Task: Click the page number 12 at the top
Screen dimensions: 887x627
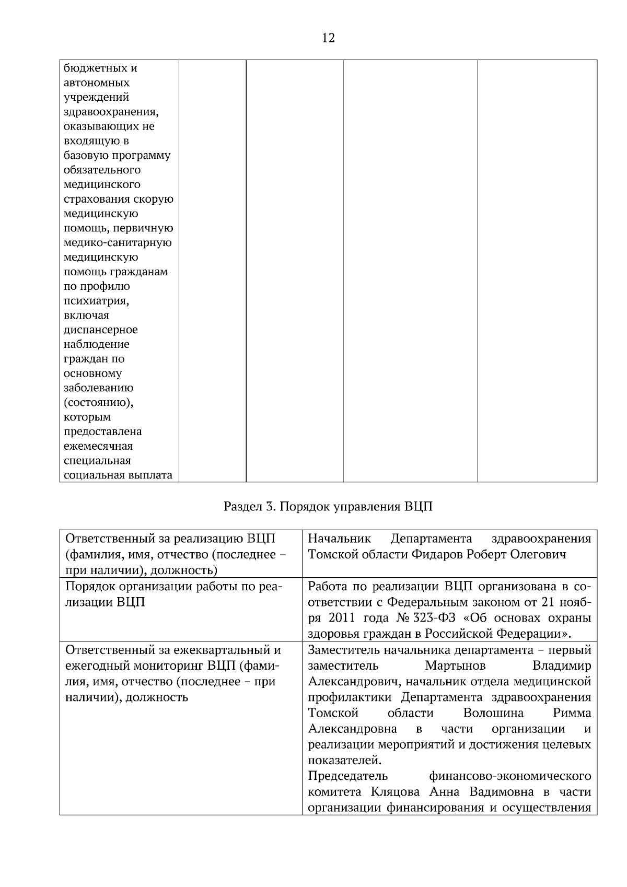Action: tap(329, 38)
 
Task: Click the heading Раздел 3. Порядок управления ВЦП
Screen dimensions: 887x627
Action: tap(328, 507)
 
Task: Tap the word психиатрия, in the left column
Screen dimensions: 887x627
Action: tap(96, 301)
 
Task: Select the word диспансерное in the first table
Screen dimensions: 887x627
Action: tap(100, 330)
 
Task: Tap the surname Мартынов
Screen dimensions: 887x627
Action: tap(455, 666)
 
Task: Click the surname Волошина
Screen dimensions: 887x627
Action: tap(493, 714)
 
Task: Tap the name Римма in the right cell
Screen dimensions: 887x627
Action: tap(572, 714)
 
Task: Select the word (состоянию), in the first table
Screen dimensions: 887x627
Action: tap(98, 403)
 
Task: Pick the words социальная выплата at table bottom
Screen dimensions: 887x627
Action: tap(118, 475)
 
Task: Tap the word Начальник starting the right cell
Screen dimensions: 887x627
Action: tap(340, 539)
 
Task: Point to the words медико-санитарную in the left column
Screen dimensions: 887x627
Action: tap(118, 243)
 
